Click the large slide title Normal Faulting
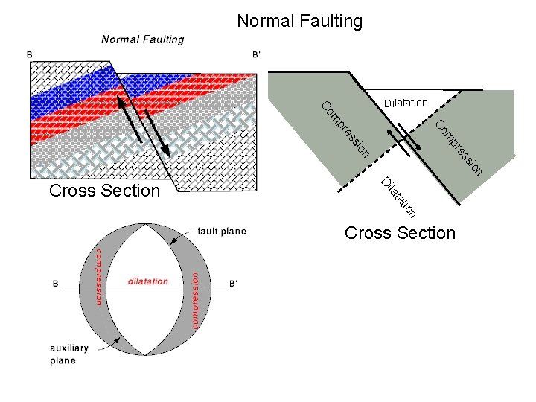pos(299,21)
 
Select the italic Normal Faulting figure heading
pos(143,39)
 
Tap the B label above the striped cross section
pos(29,54)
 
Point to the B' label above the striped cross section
pos(256,54)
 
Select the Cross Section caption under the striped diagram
pos(104,191)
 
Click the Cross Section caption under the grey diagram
pos(400,233)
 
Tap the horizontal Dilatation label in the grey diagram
pos(406,103)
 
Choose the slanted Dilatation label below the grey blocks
pos(398,195)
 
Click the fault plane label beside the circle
pos(222,232)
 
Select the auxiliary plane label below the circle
pos(69,354)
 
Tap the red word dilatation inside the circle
pos(148,281)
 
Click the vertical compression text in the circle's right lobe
pos(196,300)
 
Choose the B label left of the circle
pos(56,284)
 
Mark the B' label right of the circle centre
pos(233,284)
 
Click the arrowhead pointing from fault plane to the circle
pos(173,240)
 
